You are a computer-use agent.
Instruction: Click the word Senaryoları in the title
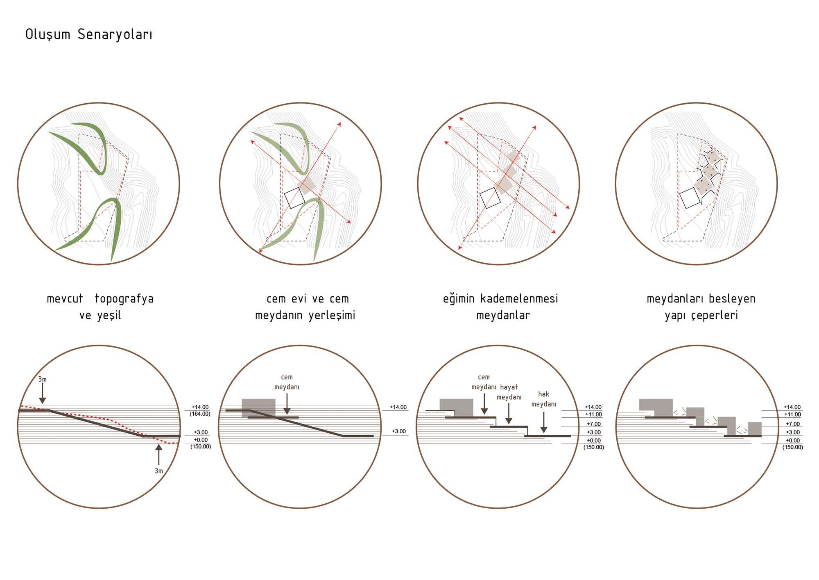coord(115,35)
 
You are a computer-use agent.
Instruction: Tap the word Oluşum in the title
coord(48,34)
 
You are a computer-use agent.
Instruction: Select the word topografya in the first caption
coord(124,299)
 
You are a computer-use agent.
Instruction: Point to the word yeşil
coord(109,315)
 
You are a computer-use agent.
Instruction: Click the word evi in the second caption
coord(299,299)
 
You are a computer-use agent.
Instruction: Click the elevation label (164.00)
coord(200,414)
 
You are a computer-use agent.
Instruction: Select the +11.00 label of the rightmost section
coord(792,414)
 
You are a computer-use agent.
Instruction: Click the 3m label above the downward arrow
coord(43,379)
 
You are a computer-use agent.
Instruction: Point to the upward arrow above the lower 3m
coord(159,454)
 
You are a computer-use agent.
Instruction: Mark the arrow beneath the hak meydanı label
coord(544,422)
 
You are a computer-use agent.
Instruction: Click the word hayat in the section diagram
coord(509,387)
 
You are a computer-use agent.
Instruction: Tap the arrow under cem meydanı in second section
coord(287,404)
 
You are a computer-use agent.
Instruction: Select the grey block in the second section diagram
coord(258,408)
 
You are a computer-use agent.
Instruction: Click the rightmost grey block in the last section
coord(755,429)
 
